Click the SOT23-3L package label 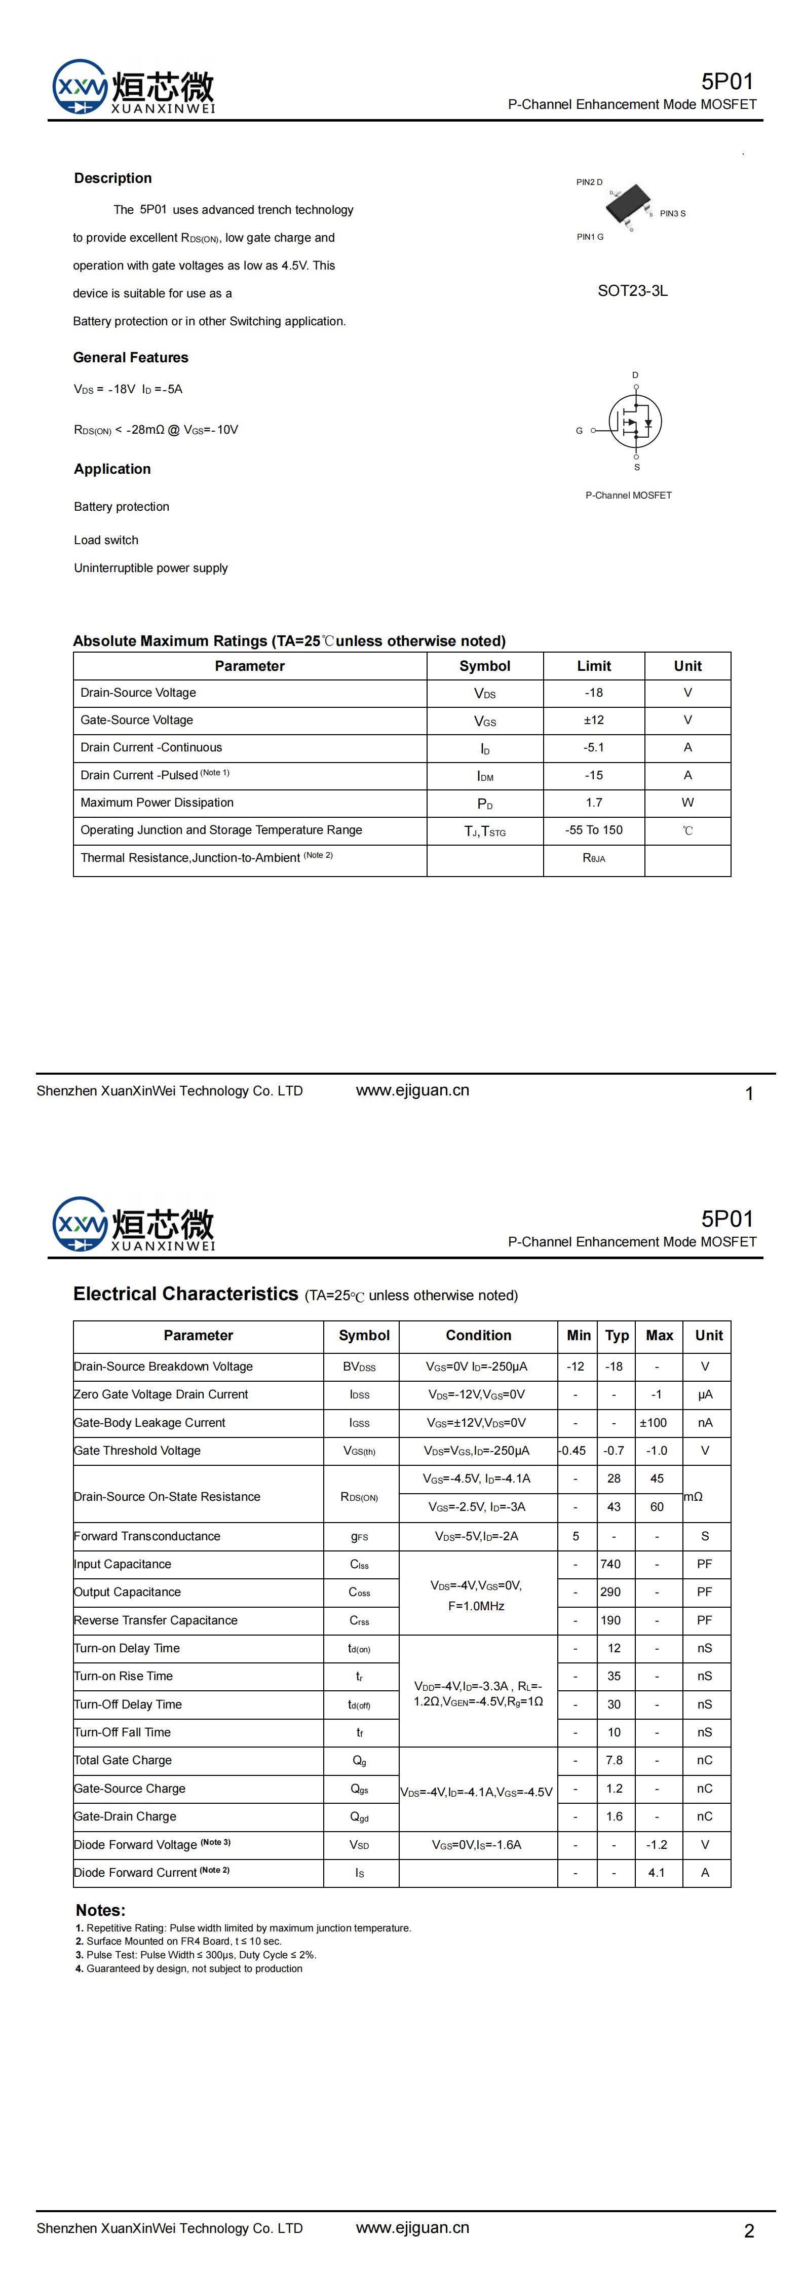633,290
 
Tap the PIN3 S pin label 672,214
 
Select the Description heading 113,178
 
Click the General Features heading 131,358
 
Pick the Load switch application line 106,540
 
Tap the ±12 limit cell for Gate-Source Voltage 594,720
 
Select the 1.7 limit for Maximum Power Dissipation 594,803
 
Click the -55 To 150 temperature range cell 594,830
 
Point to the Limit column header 594,666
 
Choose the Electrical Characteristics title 185,1294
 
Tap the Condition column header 478,1335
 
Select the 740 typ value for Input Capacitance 610,1564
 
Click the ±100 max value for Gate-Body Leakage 654,1423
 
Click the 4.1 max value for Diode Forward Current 657,1872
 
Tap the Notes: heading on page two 101,1910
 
